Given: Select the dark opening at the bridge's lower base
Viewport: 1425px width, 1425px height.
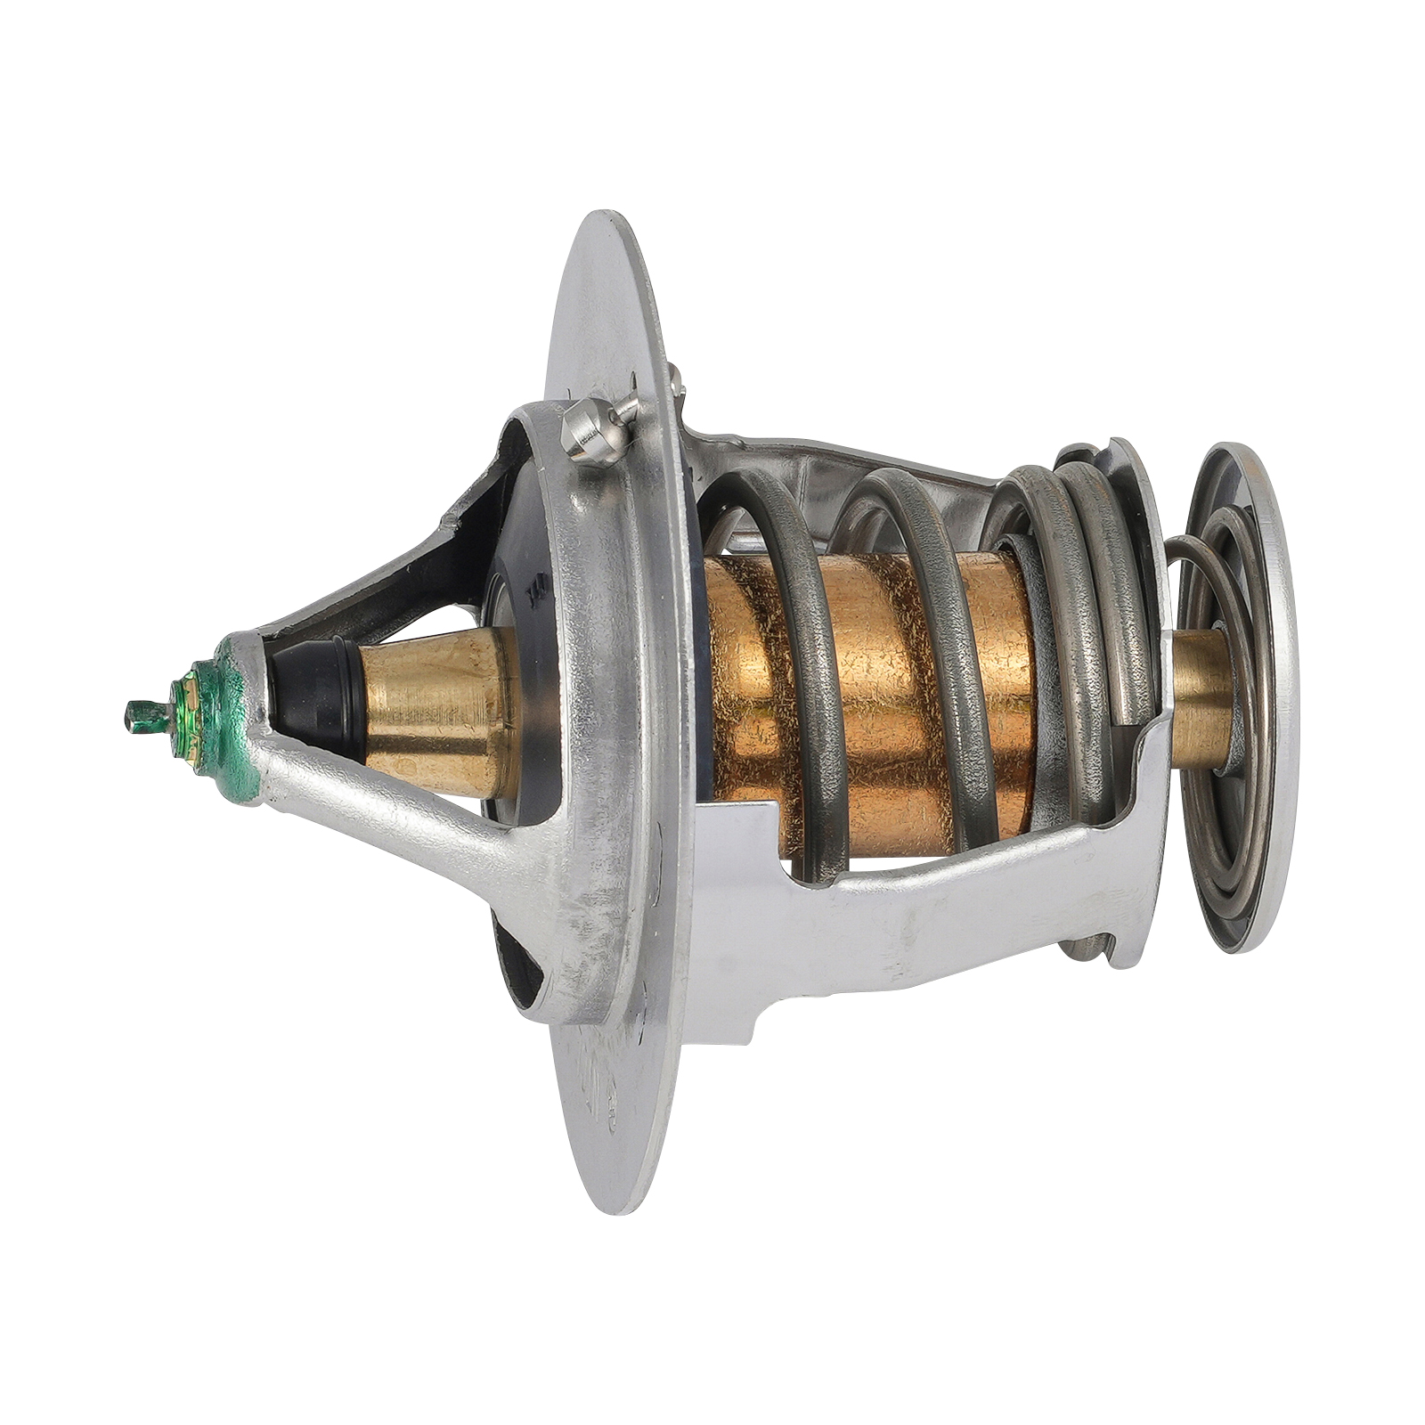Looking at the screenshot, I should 517,971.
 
